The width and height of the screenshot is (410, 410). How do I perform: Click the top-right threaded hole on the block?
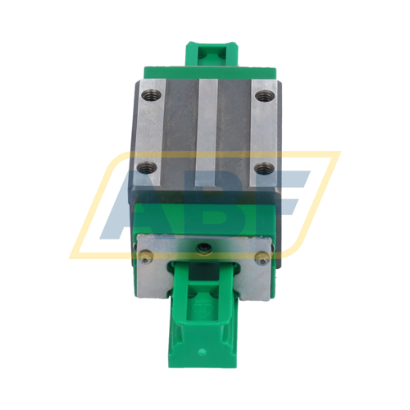pyautogui.click(x=262, y=96)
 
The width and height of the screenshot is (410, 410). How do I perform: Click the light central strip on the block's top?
pyautogui.click(x=205, y=131)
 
